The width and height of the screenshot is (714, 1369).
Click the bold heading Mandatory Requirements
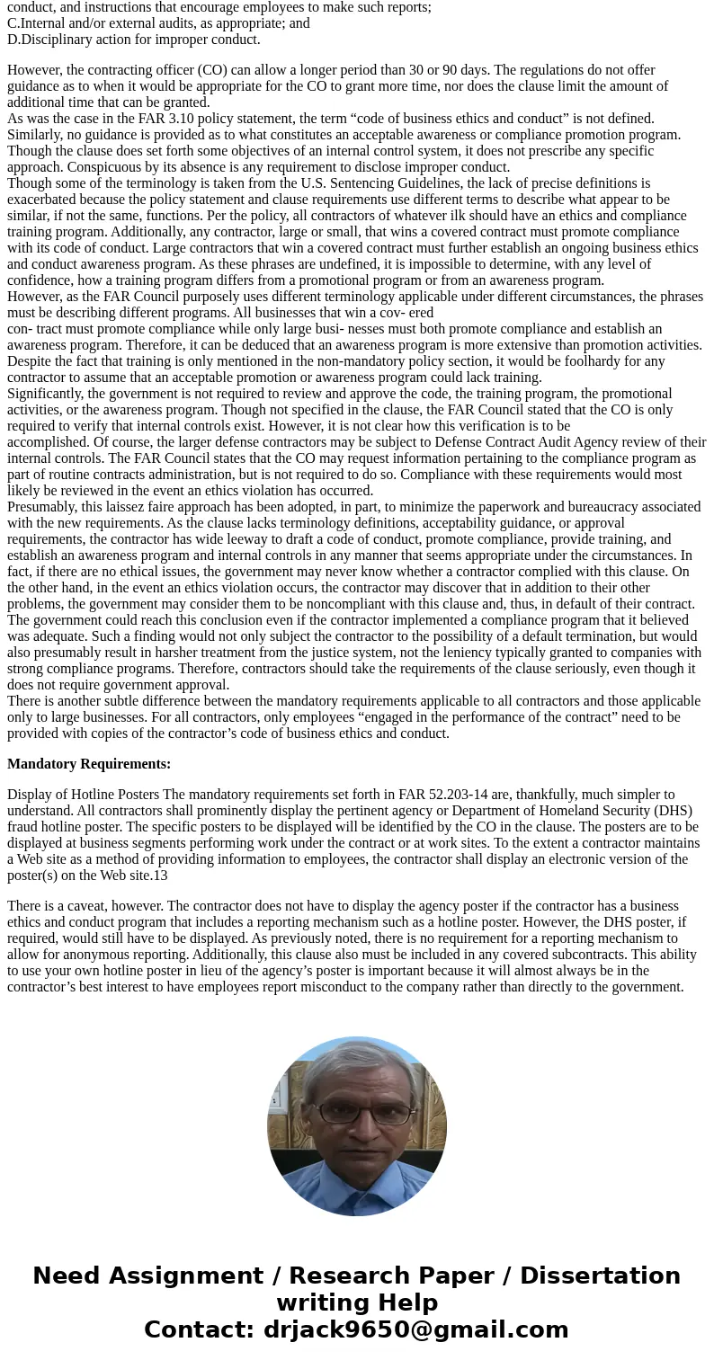[89, 764]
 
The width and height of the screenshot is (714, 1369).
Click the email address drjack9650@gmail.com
[415, 1329]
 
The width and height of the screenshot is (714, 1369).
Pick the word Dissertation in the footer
[600, 1276]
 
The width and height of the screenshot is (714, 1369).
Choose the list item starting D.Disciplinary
[134, 40]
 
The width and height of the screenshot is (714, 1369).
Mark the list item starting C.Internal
[158, 23]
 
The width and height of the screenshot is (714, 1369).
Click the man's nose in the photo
[357, 1125]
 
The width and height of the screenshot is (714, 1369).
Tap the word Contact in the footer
[199, 1329]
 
